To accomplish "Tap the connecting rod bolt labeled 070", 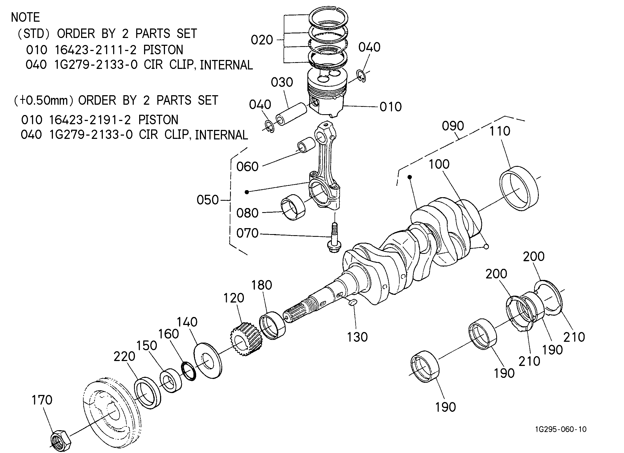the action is coord(334,238).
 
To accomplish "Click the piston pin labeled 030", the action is coord(291,114).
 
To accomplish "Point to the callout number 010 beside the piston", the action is coord(391,107).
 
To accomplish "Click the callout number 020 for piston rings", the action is coord(262,40).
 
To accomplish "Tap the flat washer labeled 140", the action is coord(208,361).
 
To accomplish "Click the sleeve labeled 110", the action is coord(519,189).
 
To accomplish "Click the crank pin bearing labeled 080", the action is coord(293,208).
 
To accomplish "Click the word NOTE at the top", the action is coord(25,17).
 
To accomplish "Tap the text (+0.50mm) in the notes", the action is coord(44,100).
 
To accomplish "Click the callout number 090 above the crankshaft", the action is coord(453,126).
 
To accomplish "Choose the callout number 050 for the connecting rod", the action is coord(208,200).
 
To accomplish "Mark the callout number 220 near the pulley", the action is coord(124,356).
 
